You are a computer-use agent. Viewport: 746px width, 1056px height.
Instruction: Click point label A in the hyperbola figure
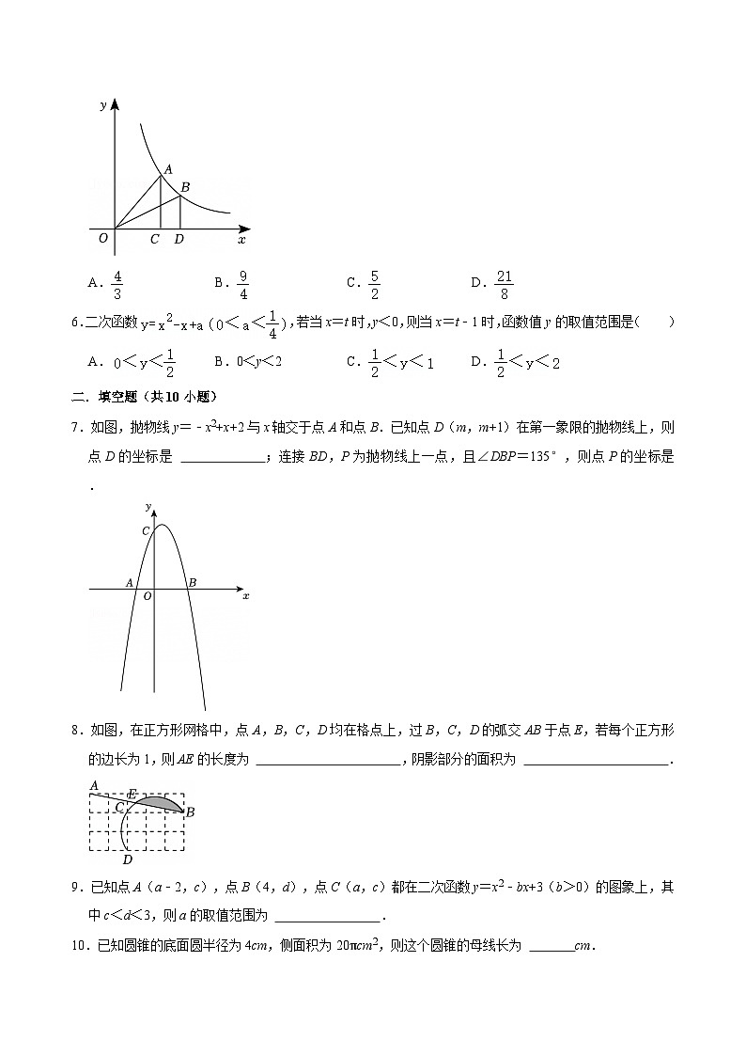tap(167, 169)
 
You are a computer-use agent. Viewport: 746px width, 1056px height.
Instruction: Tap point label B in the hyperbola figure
tap(185, 187)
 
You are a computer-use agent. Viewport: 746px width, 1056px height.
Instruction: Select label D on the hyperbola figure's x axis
tap(179, 240)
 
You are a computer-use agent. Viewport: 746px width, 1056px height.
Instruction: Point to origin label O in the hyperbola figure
tap(102, 239)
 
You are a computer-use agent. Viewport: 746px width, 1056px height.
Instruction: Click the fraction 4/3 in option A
tap(117, 283)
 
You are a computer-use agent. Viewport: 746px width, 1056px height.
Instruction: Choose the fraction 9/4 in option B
tap(242, 283)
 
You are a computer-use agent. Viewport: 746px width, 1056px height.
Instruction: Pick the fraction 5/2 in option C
tap(374, 283)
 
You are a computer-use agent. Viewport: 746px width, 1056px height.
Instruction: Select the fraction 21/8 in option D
tap(504, 283)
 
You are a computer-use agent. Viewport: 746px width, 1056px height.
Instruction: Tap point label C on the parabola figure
tap(146, 532)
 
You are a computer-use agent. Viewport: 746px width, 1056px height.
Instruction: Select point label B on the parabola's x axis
tap(192, 583)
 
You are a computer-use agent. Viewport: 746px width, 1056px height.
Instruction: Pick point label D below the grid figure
tap(127, 859)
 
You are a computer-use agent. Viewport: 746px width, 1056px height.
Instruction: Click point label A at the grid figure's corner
tap(94, 785)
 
